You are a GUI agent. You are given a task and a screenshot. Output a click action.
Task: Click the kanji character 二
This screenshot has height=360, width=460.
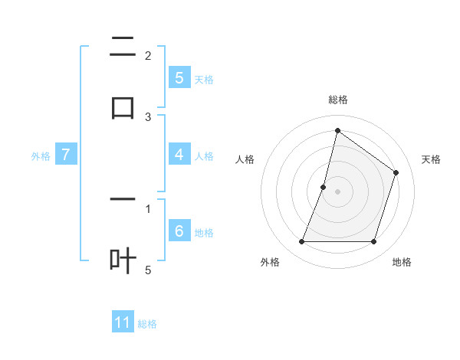(x=123, y=47)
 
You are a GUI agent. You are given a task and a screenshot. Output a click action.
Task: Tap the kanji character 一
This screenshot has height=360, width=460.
(x=123, y=200)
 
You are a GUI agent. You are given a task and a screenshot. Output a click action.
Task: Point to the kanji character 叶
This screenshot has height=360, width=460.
(x=123, y=260)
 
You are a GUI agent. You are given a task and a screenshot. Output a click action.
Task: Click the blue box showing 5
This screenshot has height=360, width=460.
(x=179, y=77)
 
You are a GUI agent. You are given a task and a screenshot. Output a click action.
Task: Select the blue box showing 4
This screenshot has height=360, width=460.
(x=179, y=155)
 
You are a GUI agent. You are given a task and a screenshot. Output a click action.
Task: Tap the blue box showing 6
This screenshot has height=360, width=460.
(x=179, y=231)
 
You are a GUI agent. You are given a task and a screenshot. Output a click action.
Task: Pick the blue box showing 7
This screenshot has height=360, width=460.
(x=66, y=155)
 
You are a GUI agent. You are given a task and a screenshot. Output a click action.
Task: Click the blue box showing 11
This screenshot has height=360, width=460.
(x=123, y=322)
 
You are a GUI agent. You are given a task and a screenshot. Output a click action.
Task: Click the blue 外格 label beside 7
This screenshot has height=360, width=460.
(x=41, y=155)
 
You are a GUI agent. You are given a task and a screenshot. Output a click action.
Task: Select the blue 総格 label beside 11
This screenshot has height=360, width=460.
(x=147, y=323)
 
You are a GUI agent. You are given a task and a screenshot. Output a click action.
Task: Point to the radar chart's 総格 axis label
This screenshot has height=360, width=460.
(x=337, y=100)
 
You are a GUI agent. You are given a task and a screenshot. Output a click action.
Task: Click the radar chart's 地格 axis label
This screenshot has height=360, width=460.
(x=402, y=262)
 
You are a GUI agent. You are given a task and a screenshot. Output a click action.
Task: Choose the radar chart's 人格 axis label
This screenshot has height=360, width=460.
(x=245, y=159)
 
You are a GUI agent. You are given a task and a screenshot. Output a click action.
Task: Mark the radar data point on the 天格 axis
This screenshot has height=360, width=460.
(x=396, y=172)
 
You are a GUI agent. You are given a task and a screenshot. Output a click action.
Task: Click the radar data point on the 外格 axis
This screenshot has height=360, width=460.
(x=301, y=242)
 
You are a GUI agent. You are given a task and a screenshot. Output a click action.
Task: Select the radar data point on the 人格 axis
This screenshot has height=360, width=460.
(x=324, y=187)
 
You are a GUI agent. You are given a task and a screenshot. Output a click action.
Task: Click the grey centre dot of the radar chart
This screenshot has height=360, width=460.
(x=337, y=191)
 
